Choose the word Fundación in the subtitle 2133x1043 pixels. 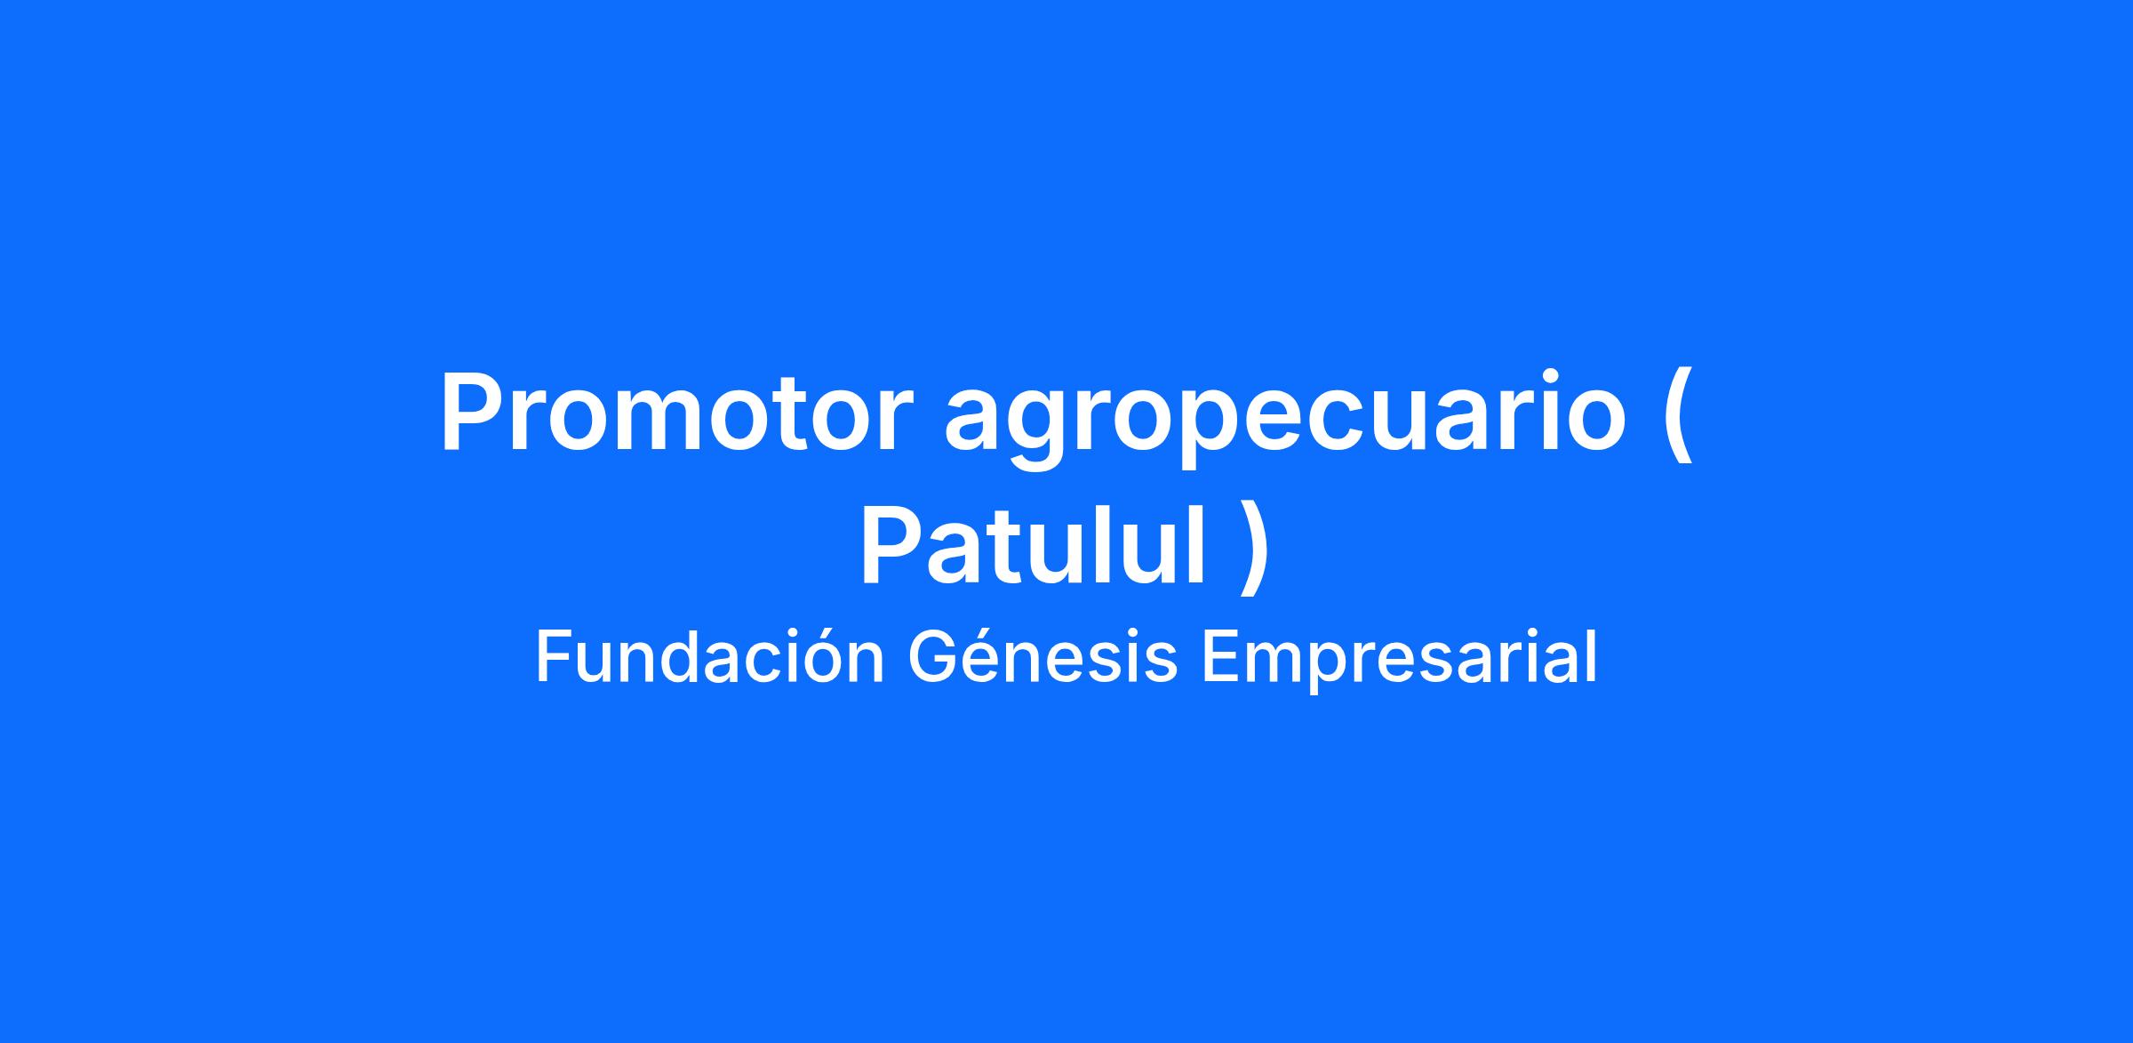[710, 658]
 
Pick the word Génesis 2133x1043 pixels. [1043, 658]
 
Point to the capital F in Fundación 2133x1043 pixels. [554, 658]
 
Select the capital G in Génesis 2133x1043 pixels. [932, 658]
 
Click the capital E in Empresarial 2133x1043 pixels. [1221, 658]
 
